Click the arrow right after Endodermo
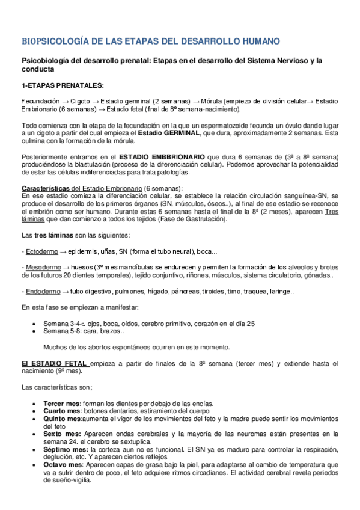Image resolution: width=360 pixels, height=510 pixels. [66, 292]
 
